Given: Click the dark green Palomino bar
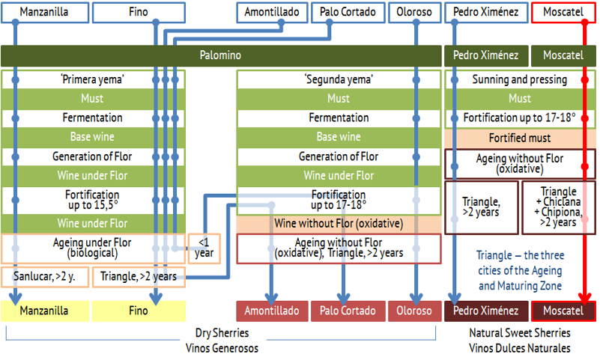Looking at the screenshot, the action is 221,55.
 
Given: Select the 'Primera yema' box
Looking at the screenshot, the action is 93,79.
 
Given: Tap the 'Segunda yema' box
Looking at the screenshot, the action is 339,79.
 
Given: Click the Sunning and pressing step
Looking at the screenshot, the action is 520,79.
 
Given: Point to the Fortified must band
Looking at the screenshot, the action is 520,138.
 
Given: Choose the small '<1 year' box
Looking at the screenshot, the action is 204,248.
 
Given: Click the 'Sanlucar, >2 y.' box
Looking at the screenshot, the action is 45,277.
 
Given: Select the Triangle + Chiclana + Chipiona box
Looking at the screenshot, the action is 559,207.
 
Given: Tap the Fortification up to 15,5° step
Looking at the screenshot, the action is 93,200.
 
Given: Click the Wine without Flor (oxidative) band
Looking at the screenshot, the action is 339,224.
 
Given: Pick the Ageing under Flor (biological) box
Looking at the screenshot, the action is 93,248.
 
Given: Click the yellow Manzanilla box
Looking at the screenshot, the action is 45,311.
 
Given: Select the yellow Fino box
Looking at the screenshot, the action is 139,311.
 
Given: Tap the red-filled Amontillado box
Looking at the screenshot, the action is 272,311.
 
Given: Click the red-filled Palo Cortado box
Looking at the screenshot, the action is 348,311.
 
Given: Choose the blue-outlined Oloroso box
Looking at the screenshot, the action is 414,13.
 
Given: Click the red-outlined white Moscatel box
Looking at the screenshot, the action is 563,13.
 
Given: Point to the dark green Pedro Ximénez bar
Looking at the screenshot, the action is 486,55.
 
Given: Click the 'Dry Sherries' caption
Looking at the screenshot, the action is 222,333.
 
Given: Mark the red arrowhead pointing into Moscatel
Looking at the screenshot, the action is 585,298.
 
